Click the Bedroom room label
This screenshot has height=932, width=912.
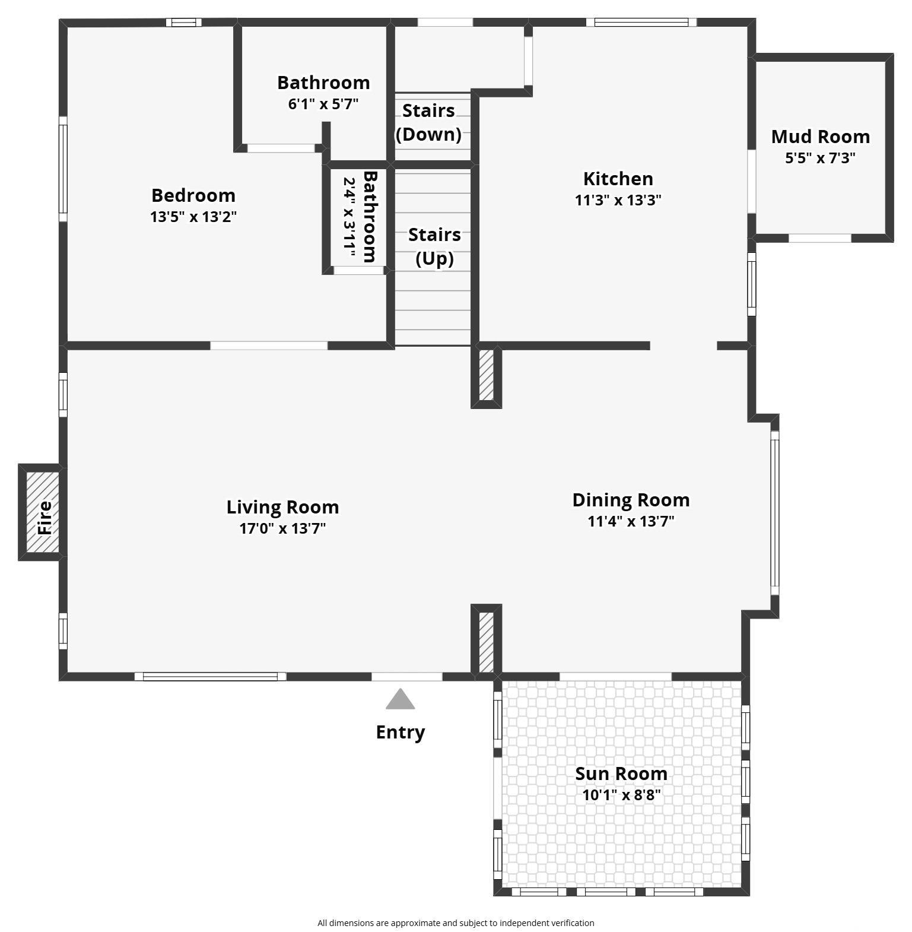tap(193, 195)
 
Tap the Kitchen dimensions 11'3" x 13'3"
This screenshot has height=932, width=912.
tap(618, 200)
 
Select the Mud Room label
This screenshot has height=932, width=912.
tap(821, 137)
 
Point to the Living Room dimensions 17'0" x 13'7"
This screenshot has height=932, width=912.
tap(282, 528)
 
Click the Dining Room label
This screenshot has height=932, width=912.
tap(631, 500)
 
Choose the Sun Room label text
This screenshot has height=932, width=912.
tap(621, 774)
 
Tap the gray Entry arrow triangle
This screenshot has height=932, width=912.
tap(401, 699)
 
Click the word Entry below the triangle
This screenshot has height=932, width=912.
tap(401, 733)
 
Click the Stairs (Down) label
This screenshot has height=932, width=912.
tap(428, 122)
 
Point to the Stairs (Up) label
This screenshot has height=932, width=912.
tap(434, 246)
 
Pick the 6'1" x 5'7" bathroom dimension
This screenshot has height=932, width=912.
tap(323, 104)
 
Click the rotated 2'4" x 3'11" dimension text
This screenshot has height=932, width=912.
tap(349, 218)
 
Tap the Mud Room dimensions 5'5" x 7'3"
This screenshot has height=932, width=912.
tap(821, 158)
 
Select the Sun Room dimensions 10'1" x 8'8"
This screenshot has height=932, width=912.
tap(621, 795)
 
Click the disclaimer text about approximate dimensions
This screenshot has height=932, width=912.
tap(456, 923)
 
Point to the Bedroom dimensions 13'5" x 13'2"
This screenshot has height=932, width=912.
tap(193, 217)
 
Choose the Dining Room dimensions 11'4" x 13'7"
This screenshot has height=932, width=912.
tap(631, 521)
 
